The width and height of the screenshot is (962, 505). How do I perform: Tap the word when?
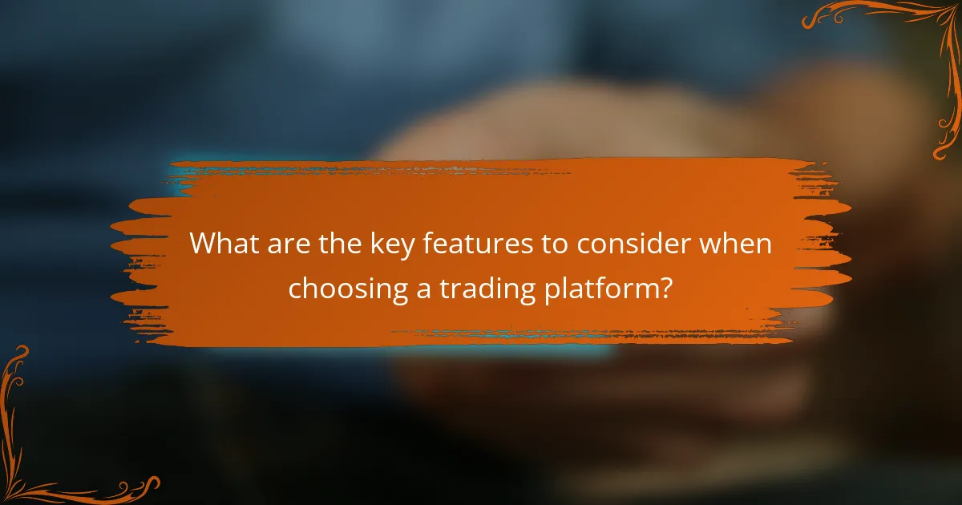(x=737, y=244)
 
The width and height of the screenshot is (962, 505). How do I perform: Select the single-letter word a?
(x=423, y=289)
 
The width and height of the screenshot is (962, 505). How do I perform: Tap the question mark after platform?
(x=665, y=288)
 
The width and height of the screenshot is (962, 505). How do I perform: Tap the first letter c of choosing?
(x=295, y=290)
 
